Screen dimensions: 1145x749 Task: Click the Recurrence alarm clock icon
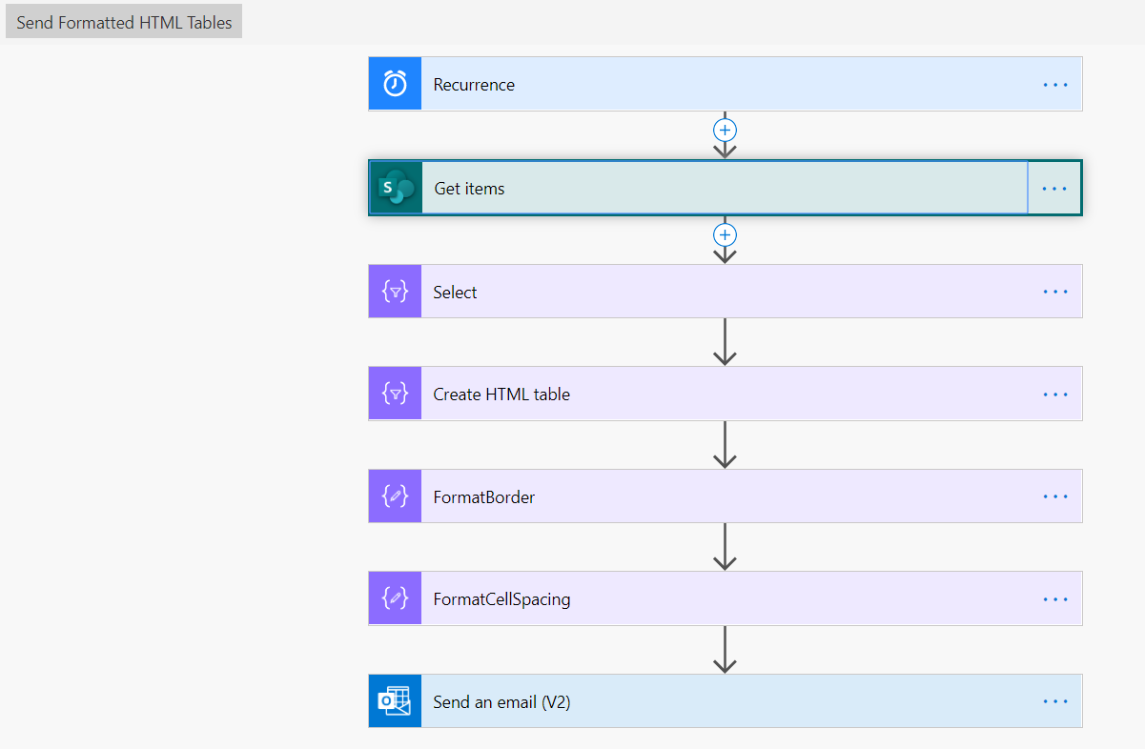[395, 83]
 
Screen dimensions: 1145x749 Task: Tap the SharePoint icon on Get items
[397, 188]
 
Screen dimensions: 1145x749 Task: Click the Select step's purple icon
[395, 292]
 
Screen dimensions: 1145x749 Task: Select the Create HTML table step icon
[395, 394]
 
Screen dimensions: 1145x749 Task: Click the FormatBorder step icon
[395, 496]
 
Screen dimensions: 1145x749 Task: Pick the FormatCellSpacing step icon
[395, 598]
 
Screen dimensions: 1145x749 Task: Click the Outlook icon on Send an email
[395, 701]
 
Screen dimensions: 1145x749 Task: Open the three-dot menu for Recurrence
[1055, 85]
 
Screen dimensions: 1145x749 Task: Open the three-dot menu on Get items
[1054, 189]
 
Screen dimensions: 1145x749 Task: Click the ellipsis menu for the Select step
[1055, 292]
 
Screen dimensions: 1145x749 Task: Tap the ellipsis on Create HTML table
[1055, 395]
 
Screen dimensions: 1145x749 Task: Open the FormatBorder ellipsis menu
[1055, 496]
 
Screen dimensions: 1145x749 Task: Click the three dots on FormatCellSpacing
[1055, 599]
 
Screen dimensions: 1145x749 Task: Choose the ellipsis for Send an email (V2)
[1055, 701]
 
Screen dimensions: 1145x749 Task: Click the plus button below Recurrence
[725, 131]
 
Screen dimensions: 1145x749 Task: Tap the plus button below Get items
[725, 235]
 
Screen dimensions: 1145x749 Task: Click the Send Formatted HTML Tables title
[124, 23]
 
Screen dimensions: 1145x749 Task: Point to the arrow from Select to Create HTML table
[725, 342]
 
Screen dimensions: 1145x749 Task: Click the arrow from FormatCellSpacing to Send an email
[725, 649]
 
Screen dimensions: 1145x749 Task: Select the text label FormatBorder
[483, 497]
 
